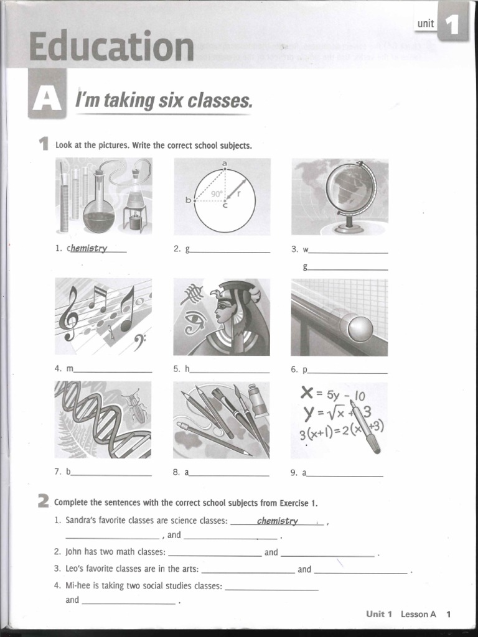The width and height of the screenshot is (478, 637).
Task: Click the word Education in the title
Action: (x=111, y=47)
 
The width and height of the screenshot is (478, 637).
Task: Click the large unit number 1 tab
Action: (x=452, y=25)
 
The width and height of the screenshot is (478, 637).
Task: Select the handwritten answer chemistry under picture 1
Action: (x=89, y=248)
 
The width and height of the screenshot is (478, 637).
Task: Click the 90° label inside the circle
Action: (x=216, y=193)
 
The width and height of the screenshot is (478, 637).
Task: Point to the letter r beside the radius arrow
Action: (x=238, y=193)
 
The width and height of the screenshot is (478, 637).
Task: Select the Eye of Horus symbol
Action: (x=195, y=320)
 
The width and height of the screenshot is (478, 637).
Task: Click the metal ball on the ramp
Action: (x=360, y=328)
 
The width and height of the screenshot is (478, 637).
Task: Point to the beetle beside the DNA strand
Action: (x=136, y=406)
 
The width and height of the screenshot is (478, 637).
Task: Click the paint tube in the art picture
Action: (x=256, y=401)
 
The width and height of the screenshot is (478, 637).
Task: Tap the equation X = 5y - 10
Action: (x=332, y=394)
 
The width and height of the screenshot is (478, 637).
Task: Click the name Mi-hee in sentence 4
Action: (x=80, y=585)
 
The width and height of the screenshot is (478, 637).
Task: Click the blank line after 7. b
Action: (x=111, y=475)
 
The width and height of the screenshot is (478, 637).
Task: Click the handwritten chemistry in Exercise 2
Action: (x=278, y=521)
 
